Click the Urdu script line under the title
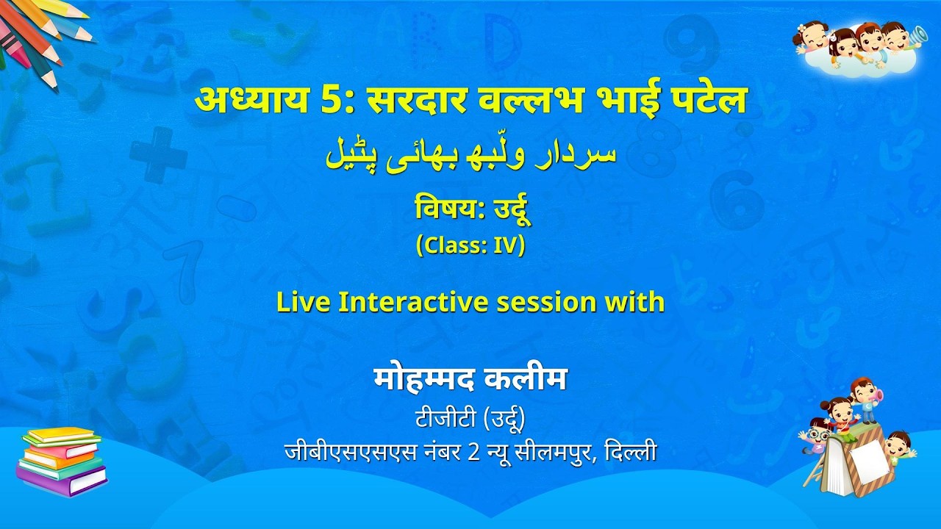coord(470,156)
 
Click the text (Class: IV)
coord(470,246)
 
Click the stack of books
coord(61,461)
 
